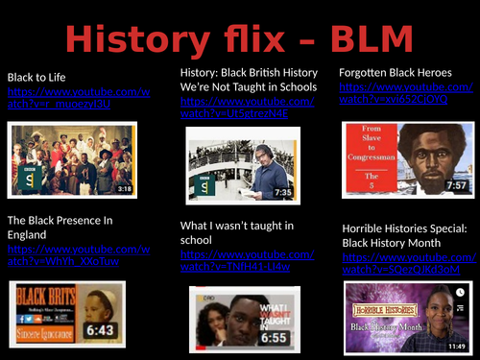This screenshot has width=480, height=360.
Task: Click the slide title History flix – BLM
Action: click(240, 39)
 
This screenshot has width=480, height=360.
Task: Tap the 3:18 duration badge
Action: click(124, 189)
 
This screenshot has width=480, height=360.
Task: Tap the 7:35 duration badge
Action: click(282, 192)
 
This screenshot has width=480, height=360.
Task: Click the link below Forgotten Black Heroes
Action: click(406, 92)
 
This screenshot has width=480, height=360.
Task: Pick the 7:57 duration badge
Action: click(457, 185)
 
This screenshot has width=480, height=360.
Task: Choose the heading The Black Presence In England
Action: click(60, 227)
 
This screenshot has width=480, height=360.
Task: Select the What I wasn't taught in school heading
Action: click(237, 232)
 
